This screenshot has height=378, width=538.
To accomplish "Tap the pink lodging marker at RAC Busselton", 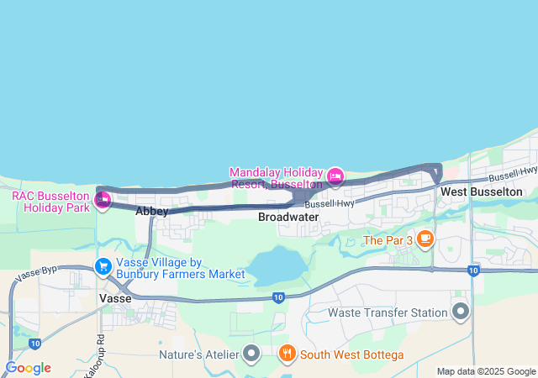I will point(103,199).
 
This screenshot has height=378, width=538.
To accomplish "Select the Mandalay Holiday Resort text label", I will point(276,177).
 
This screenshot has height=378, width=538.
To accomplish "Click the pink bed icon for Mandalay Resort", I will point(335,176).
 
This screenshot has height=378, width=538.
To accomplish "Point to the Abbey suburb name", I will point(151,212).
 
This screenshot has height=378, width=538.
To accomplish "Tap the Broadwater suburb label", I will point(288,217).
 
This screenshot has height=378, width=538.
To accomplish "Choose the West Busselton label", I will point(482,192).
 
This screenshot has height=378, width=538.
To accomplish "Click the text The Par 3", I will point(388,240).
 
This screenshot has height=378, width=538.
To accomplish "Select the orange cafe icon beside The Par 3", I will point(425,239).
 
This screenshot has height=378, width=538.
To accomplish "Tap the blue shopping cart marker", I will point(103,266).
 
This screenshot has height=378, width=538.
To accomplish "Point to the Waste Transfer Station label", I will point(386,312).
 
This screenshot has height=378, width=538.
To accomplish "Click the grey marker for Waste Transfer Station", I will point(461,312).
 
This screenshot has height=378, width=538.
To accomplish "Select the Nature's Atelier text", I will point(198,354).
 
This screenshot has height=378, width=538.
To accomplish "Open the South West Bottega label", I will point(351,354).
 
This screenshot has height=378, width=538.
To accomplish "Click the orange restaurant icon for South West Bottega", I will point(287,354).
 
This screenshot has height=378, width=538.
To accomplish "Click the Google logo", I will point(28,368).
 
